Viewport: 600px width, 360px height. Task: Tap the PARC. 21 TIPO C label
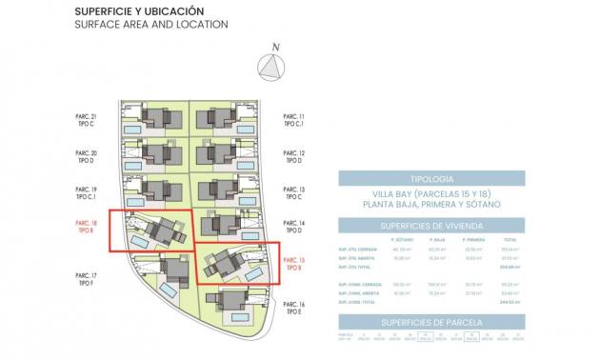coord(86,122)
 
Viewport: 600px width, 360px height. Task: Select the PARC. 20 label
coord(86,152)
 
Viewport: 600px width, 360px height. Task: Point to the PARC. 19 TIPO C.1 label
coord(86,193)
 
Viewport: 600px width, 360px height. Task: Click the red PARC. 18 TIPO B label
coord(86,227)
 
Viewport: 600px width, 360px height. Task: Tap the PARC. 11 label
coord(294,116)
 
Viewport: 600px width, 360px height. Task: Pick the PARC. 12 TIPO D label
coord(294,157)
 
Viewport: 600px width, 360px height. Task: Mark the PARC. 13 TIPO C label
coord(294,193)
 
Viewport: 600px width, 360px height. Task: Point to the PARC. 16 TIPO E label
coord(294,307)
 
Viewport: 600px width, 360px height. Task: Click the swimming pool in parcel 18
coord(138,245)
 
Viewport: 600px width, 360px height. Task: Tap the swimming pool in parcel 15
coord(254,273)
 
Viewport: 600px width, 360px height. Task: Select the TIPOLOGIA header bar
coord(430,178)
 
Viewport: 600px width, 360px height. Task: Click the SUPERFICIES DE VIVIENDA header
coord(430,225)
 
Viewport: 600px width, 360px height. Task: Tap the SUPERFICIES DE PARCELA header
coord(430,324)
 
